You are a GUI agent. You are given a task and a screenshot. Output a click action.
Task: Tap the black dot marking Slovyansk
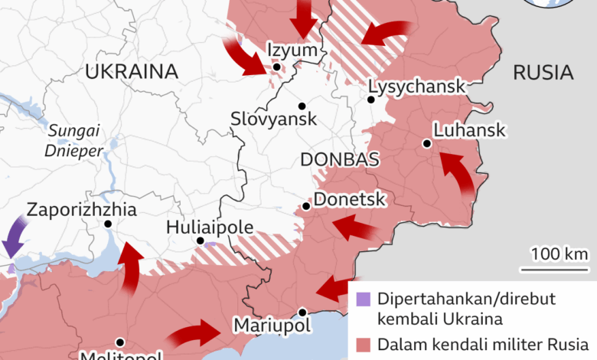point(302,106)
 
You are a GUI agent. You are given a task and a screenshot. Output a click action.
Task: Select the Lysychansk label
point(416,87)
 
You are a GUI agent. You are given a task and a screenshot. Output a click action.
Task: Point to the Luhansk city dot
point(426,143)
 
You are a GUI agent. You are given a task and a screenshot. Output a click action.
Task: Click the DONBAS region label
point(341,159)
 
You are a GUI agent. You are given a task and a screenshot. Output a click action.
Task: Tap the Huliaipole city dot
point(201,241)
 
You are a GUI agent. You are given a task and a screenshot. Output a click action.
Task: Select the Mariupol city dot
point(302,312)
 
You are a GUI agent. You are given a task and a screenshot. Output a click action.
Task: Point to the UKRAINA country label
point(132,73)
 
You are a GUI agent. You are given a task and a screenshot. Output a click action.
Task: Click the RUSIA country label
point(543,74)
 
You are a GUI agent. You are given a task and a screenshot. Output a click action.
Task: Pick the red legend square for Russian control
point(361,344)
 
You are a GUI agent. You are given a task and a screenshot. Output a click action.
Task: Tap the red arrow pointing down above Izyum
point(304,18)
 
